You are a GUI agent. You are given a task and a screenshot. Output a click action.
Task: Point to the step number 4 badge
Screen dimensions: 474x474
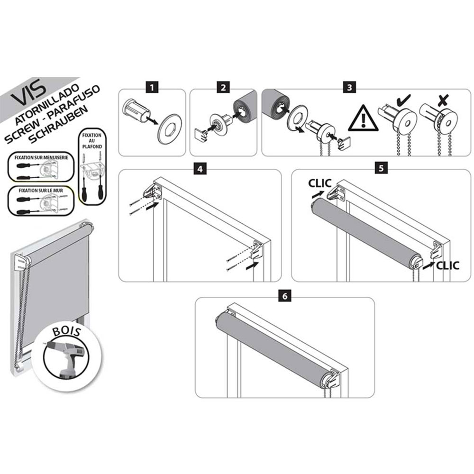200,168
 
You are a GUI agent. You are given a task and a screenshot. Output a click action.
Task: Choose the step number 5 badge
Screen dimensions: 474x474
381,168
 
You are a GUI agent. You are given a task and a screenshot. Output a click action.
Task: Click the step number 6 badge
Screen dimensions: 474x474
285,296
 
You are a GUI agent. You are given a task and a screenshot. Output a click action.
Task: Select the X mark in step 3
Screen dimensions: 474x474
444,100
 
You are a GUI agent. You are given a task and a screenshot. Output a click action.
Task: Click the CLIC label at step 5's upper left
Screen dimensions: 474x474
320,183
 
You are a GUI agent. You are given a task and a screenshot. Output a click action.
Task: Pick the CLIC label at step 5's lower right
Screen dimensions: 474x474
448,266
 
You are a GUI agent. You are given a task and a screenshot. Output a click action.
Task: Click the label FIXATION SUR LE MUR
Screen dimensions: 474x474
40,191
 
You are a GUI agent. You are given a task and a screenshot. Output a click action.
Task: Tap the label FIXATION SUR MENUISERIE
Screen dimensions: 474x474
41,157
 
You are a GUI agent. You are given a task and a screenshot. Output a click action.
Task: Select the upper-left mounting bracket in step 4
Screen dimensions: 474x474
154,191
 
